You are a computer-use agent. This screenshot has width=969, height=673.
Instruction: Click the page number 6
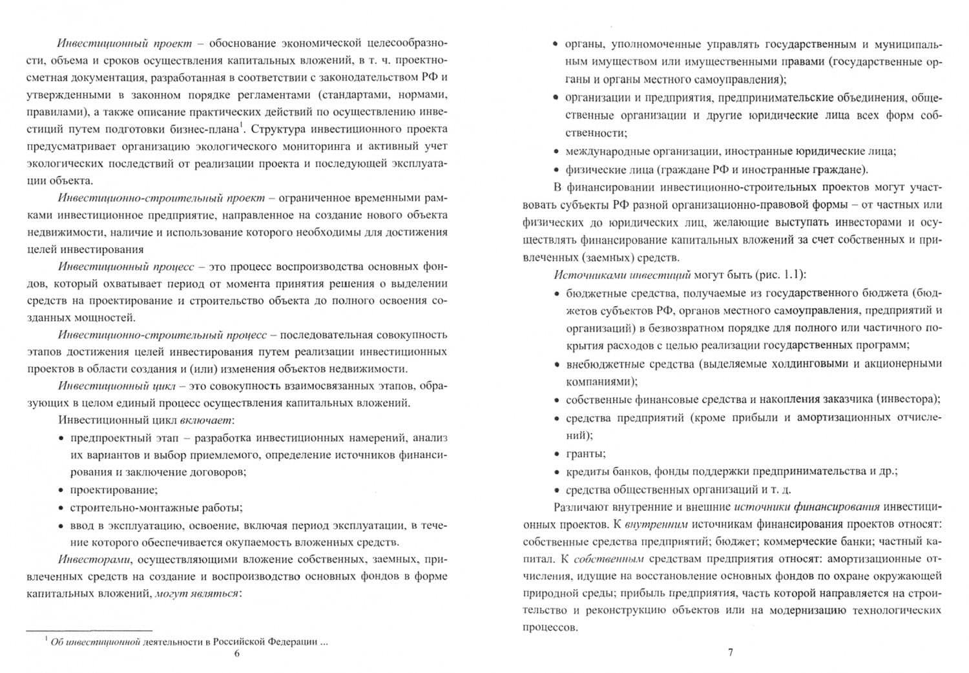(x=236, y=654)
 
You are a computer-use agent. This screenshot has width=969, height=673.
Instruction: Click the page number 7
(x=731, y=652)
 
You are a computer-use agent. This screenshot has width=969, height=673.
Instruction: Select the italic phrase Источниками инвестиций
(x=622, y=274)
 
